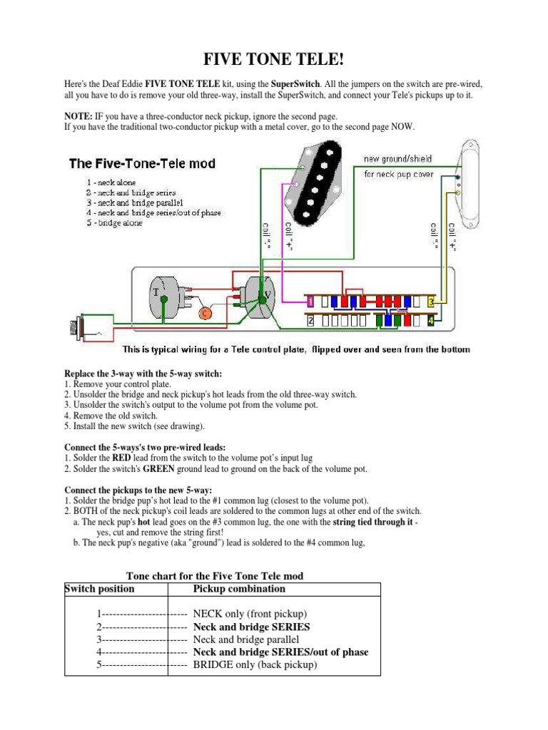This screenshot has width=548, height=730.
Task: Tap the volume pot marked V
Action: coord(263,294)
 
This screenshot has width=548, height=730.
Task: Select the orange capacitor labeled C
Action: coord(204,313)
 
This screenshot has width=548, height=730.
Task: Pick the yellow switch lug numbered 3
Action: coord(431,302)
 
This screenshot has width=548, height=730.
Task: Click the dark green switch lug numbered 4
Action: coord(430,322)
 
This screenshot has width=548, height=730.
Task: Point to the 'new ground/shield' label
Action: coord(397,159)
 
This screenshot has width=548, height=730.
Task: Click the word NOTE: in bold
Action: coord(78,115)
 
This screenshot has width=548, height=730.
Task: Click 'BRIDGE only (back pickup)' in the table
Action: coord(255,664)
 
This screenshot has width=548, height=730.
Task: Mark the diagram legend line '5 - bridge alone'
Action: coord(114,222)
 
